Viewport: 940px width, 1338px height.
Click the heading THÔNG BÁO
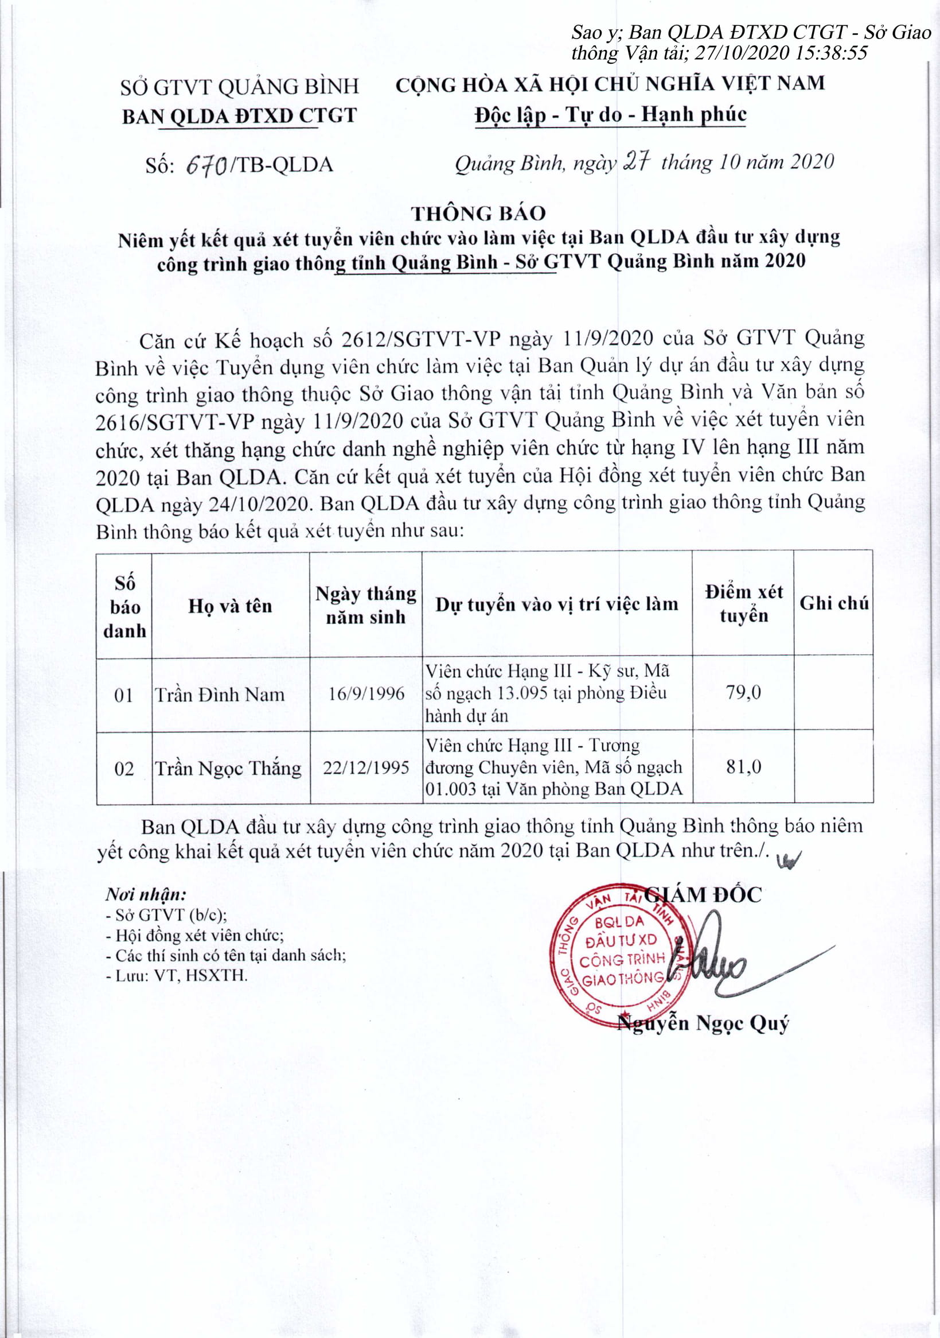coord(478,214)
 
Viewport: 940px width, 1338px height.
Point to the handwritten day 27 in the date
coord(636,161)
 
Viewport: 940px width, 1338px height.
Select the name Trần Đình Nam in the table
coord(220,695)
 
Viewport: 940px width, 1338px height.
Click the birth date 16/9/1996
coord(366,693)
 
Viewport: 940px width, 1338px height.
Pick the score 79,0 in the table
coord(743,692)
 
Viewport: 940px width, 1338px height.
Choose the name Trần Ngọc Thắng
coord(228,769)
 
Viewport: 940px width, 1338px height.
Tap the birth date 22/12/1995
coord(366,767)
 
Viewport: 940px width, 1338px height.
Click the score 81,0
coord(743,767)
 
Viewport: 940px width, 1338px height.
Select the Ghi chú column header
coord(833,603)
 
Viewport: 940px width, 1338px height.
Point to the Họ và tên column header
coord(231,606)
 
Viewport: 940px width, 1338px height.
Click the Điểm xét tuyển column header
coord(743,604)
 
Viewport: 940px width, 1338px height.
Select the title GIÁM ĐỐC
coord(704,895)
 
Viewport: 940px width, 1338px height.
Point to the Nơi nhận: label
coord(146,894)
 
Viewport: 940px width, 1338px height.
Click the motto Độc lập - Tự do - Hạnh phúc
coord(610,114)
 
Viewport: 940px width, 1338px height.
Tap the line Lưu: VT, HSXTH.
coord(177,976)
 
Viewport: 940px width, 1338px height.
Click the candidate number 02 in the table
coord(124,769)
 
